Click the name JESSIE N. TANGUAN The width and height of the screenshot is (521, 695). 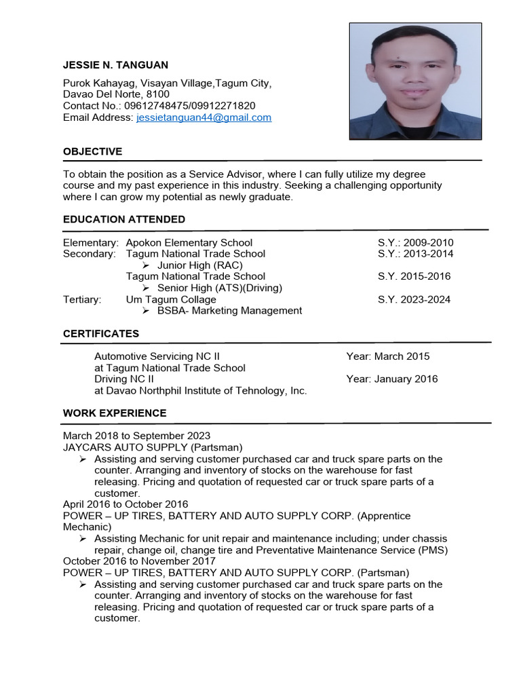(x=115, y=65)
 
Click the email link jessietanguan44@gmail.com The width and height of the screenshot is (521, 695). (x=204, y=117)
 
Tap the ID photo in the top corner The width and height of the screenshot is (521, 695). (x=415, y=81)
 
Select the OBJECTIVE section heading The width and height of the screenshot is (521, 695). (x=92, y=151)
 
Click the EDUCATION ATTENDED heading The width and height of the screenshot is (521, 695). (x=124, y=219)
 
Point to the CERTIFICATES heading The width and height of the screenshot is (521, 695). (x=101, y=334)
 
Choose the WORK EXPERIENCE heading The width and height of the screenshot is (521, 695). (x=115, y=413)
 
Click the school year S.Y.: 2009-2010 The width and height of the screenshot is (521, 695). (x=415, y=242)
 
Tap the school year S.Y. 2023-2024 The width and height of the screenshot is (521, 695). (x=414, y=299)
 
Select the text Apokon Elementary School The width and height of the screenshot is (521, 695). (x=189, y=242)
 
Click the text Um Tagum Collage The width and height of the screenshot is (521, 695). (x=171, y=299)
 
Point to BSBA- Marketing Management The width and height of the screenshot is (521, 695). (x=229, y=311)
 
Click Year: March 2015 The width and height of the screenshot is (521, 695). (x=387, y=356)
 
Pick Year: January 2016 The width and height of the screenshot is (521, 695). (x=391, y=379)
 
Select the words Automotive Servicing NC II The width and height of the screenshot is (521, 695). (x=157, y=356)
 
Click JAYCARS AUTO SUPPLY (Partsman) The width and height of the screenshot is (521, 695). (x=153, y=447)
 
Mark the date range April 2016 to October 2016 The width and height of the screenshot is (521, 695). (x=126, y=504)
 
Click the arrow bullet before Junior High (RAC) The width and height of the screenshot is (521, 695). (x=146, y=265)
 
